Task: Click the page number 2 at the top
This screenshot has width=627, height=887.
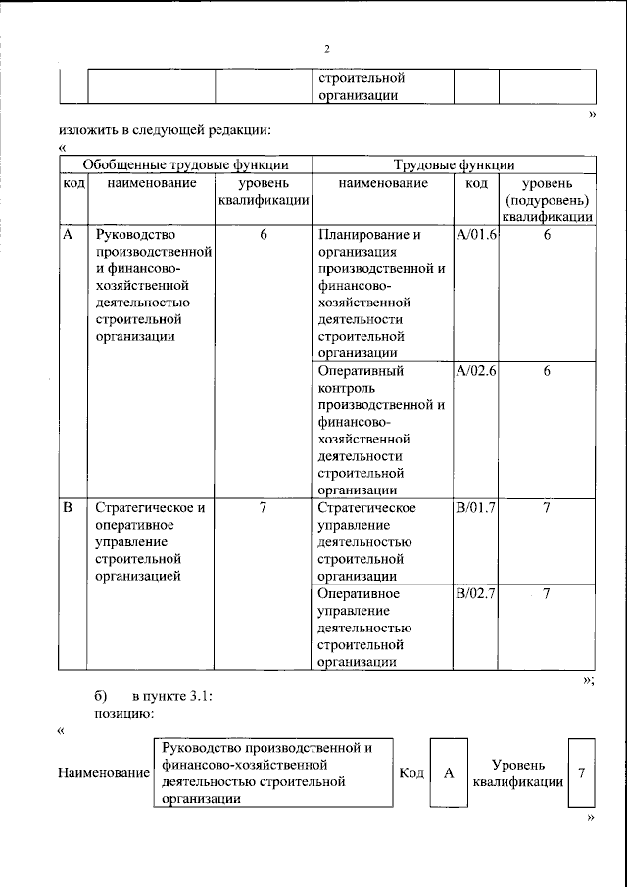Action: click(327, 49)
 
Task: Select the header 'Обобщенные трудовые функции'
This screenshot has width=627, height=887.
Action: click(185, 164)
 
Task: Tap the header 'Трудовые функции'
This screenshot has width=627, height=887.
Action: click(454, 164)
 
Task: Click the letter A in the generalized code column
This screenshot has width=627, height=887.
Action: click(68, 235)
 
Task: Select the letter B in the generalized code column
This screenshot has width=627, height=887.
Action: click(68, 507)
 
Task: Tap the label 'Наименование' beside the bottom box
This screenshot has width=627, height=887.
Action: click(103, 773)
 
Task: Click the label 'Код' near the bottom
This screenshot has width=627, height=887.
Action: click(411, 773)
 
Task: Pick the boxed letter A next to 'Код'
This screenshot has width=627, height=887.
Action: click(449, 773)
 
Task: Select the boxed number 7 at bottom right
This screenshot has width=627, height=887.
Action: click(582, 773)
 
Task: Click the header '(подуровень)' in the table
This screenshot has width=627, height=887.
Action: click(547, 201)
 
